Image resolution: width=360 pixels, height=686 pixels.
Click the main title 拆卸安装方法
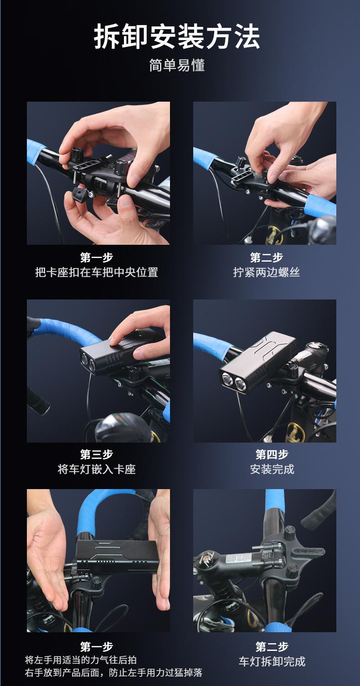coord(177,37)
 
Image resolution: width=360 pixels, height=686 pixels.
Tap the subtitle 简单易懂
coord(177,65)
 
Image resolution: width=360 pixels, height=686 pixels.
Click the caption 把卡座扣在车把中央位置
coord(97,272)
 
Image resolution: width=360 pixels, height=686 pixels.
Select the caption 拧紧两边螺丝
coord(266,272)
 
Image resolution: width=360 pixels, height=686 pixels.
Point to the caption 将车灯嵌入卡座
coord(97,469)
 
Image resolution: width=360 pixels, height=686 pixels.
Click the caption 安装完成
coord(272,469)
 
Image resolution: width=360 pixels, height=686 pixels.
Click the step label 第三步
coord(97,454)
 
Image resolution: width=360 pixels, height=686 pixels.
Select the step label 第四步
coord(272,454)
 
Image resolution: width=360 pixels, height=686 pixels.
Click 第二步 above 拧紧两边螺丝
coord(266,257)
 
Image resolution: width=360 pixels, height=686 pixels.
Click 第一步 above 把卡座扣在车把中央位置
coord(97,257)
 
